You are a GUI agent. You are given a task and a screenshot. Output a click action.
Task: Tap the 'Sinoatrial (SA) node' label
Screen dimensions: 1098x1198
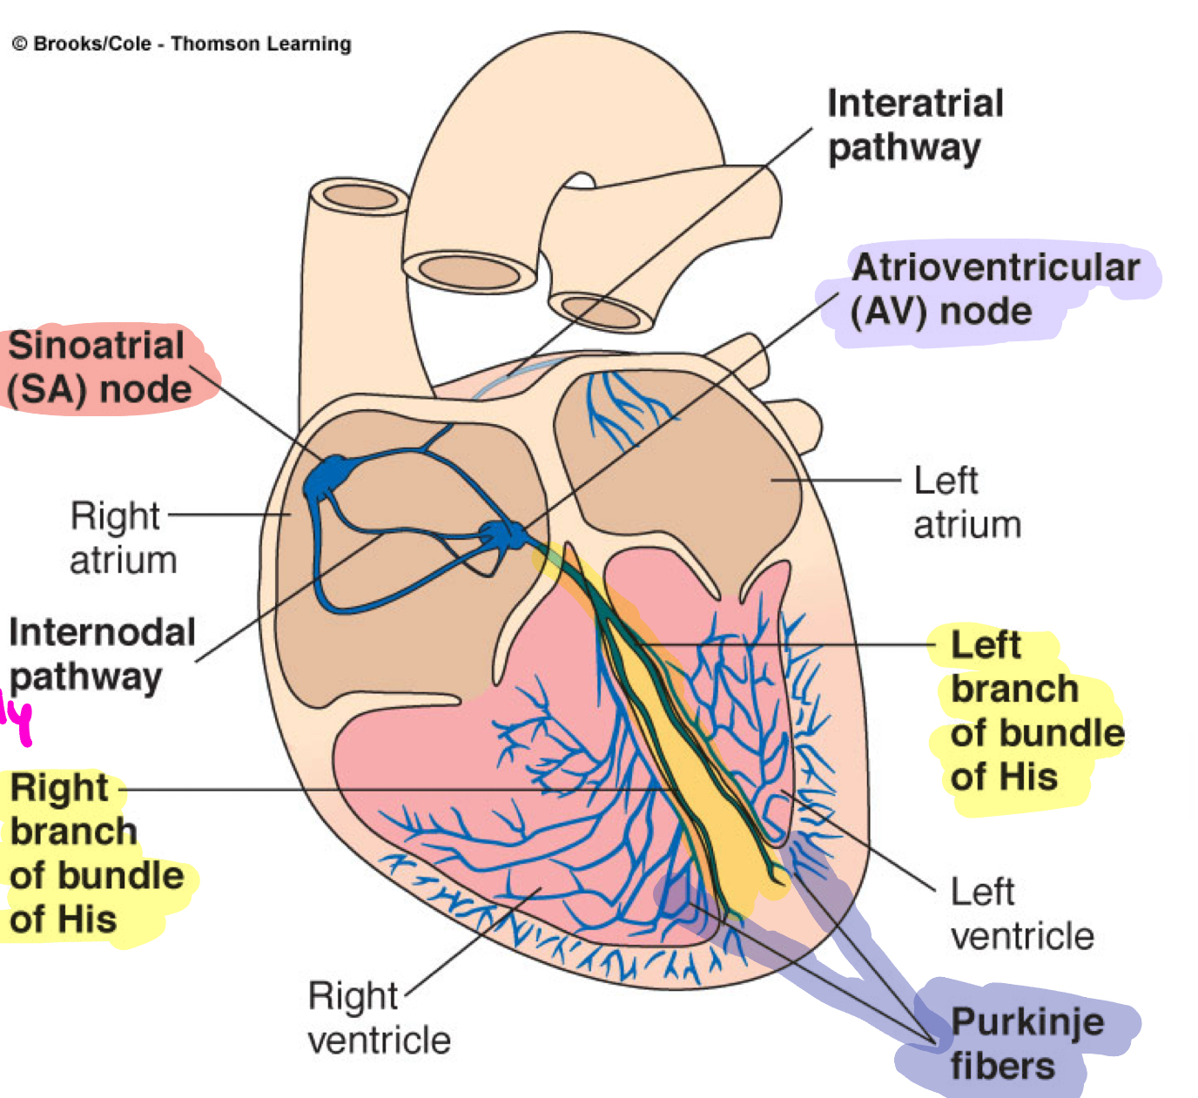click(x=99, y=367)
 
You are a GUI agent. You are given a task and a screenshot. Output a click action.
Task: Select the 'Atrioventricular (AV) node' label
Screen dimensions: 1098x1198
click(x=993, y=289)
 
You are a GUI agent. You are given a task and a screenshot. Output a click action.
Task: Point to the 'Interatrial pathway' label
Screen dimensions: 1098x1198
click(x=913, y=125)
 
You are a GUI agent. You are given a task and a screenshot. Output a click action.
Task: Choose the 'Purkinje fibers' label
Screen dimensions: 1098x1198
click(x=1025, y=1043)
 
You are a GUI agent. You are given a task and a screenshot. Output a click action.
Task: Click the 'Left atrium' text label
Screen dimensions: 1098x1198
click(x=966, y=503)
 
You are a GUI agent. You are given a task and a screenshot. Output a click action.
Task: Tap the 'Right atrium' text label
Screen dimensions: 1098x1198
click(x=122, y=538)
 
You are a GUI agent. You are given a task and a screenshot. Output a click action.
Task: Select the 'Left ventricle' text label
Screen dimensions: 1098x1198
click(x=1020, y=914)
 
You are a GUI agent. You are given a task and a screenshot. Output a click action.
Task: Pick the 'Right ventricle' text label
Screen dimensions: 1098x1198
click(x=379, y=1018)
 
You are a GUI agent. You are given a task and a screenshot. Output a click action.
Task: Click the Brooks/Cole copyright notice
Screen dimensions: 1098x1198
click(x=182, y=44)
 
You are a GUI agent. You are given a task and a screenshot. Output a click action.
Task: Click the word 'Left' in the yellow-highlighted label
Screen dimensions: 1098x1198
click(x=985, y=645)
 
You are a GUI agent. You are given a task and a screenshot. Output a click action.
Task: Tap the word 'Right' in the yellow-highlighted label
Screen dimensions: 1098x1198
click(x=59, y=787)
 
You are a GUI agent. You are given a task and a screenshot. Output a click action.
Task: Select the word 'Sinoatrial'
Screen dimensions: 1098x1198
click(x=96, y=346)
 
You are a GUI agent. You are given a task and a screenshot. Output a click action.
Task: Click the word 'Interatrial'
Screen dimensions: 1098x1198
click(x=915, y=104)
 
